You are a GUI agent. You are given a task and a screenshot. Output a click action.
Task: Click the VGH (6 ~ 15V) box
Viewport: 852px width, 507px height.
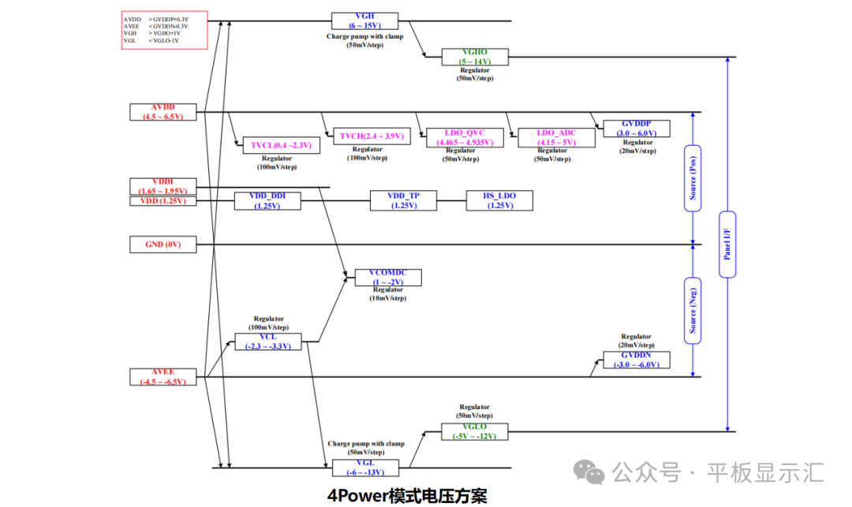364,21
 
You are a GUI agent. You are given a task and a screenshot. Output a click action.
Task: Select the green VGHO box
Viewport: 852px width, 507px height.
475,57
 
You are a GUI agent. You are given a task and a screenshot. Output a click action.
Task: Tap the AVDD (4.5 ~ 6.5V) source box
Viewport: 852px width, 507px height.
163,111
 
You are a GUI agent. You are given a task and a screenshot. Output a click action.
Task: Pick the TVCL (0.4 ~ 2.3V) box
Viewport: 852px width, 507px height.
281,145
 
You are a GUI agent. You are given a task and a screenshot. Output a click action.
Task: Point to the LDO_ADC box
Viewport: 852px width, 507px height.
556,137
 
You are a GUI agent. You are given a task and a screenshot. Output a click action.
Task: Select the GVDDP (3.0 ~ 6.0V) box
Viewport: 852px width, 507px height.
636,129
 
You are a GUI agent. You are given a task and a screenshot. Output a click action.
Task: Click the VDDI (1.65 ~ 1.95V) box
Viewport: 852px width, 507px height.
163,186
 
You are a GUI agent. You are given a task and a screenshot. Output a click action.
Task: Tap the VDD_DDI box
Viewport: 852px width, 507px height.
267,200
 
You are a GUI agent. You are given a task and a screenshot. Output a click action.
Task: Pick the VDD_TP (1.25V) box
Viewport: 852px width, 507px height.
403,200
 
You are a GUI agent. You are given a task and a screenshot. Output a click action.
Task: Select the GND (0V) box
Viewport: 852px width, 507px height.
163,244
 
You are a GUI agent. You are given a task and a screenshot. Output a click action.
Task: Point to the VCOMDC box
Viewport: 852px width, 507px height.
388,277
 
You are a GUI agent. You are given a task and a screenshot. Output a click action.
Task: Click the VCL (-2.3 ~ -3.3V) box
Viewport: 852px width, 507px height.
267,341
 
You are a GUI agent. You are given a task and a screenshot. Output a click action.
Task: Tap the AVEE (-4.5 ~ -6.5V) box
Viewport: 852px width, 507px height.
163,376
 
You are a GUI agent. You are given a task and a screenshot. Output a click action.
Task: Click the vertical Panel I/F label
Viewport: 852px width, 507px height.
727,244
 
